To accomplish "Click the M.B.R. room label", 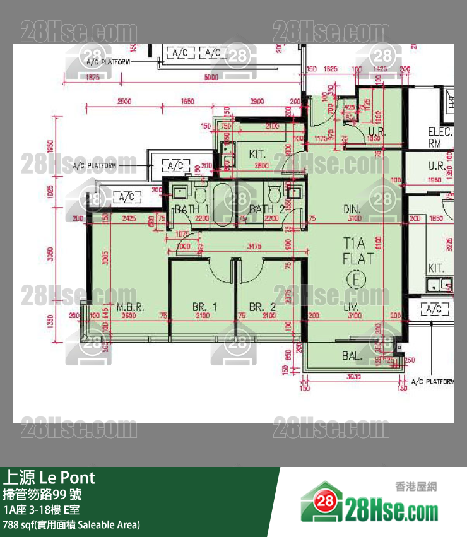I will coord(130,307).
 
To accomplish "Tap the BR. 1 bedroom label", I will coord(205,307).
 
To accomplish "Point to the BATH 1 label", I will coord(192,209).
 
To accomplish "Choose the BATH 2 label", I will coord(265,209).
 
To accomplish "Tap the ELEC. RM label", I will coord(440,138).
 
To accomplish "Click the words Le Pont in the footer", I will coord(68,476).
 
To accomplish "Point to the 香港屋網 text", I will coord(416,487).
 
